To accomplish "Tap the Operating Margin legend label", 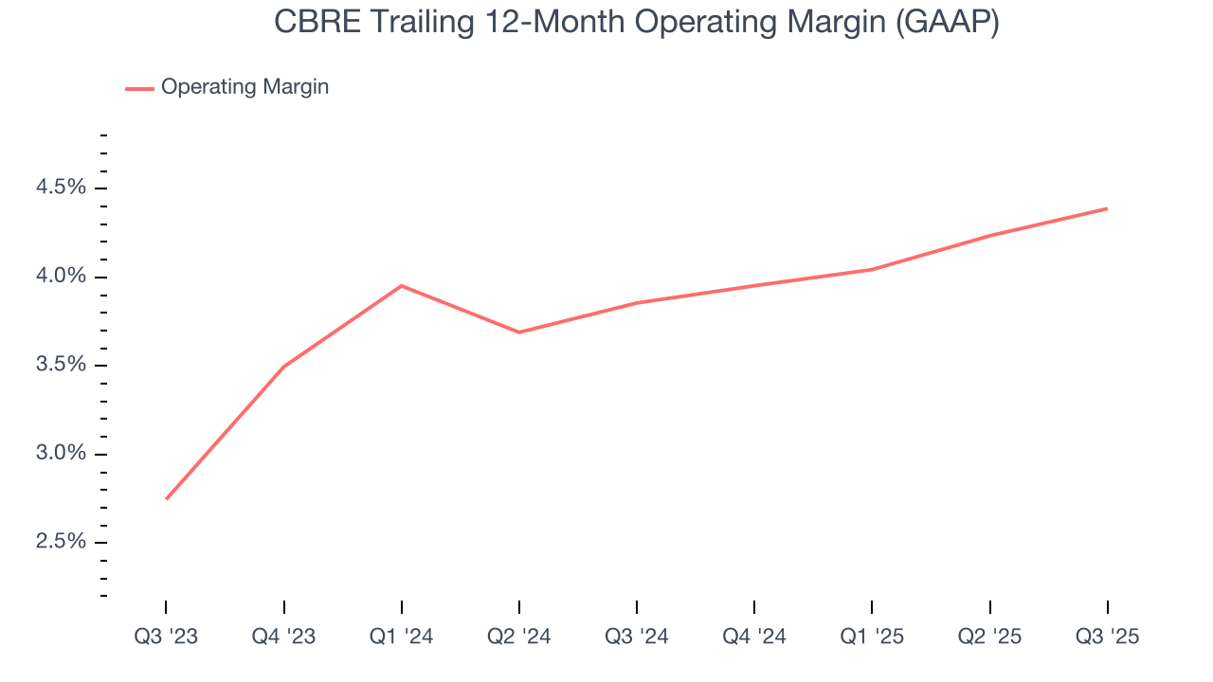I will point(244,87).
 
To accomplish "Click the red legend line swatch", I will point(139,88).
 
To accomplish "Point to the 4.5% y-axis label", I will point(61,188).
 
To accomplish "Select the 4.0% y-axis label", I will point(61,277).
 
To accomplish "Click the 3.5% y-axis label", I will point(61,365).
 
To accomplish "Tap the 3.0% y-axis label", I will point(61,454).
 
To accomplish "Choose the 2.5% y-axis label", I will point(61,542).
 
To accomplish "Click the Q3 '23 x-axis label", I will point(166,637).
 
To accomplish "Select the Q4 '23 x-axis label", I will point(283,637).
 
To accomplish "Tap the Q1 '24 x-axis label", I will point(402,637).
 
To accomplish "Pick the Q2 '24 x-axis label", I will point(519,637).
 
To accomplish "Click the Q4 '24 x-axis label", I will point(754,637).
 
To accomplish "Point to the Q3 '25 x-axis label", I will point(1107,637).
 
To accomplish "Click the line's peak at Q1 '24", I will point(402,285).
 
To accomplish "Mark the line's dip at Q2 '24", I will point(519,332).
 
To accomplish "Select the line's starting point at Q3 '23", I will point(167,498).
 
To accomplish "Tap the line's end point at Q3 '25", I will point(1107,208).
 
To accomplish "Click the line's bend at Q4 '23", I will point(284,366).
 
